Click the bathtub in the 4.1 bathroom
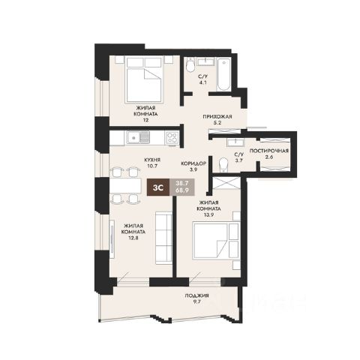[223, 74]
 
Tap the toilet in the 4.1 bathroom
[190, 65]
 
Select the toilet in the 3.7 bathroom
[223, 165]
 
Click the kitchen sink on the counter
[138, 137]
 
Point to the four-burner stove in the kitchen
[172, 138]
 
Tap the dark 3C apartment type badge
[158, 187]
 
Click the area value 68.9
[182, 190]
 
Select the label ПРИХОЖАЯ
[217, 116]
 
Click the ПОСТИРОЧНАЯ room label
[269, 151]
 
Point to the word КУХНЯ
[152, 160]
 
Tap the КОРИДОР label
[193, 163]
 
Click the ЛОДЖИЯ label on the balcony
[196, 295]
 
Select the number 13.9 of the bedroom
[208, 214]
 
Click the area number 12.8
[133, 238]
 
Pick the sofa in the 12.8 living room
[163, 238]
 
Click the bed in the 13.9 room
[216, 241]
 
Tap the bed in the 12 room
[144, 79]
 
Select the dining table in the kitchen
[125, 185]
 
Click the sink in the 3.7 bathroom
[235, 142]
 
